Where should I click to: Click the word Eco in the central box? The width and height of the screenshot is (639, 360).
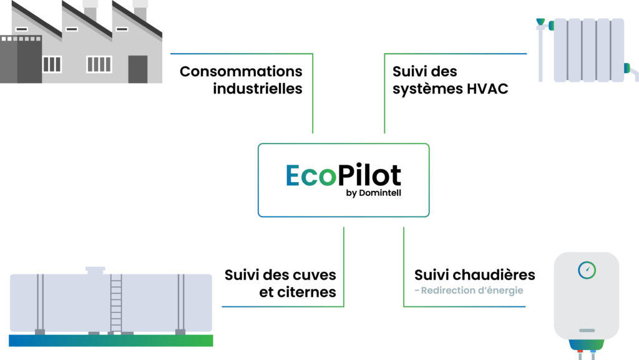point(311,176)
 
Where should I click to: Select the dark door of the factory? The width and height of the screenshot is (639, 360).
point(137,69)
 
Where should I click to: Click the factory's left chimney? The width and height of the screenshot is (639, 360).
point(90,11)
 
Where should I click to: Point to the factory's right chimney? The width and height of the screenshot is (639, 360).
point(140,11)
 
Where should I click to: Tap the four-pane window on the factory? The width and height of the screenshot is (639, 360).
point(99,64)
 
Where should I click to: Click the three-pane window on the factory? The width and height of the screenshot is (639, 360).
point(52,64)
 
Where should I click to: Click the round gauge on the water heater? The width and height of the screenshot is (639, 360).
point(587,270)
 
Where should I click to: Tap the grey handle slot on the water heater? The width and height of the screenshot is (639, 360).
point(587,330)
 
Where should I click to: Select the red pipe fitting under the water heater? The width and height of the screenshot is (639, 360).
point(580,354)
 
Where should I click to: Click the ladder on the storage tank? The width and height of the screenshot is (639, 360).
point(116,303)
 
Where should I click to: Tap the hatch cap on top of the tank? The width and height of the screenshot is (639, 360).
point(95,270)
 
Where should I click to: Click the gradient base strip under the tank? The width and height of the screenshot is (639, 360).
point(110,341)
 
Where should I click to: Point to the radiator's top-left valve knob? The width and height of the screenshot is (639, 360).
point(540,22)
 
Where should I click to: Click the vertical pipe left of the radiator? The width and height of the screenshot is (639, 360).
point(540,56)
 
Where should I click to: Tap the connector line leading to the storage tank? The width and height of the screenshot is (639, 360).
point(281,306)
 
